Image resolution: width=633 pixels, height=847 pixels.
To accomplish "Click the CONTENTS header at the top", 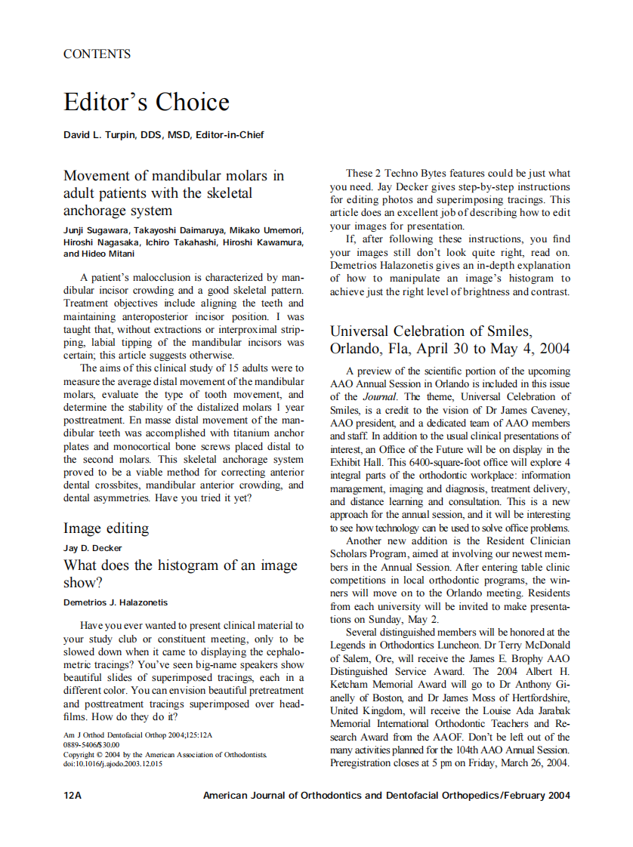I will (97, 54).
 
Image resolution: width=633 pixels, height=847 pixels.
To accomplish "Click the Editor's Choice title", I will (147, 102).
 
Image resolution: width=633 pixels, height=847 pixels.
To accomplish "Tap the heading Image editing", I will (106, 528).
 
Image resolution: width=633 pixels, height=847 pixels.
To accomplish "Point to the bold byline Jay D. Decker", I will (92, 548).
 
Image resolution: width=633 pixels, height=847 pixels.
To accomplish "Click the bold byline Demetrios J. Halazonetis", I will (116, 602).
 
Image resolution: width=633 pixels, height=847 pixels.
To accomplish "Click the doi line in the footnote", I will (113, 763).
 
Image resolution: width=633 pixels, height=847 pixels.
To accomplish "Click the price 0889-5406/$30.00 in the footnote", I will (91, 744).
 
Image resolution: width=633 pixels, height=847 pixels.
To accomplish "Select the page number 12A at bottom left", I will (73, 796).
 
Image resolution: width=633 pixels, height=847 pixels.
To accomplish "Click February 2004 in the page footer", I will (538, 796).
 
